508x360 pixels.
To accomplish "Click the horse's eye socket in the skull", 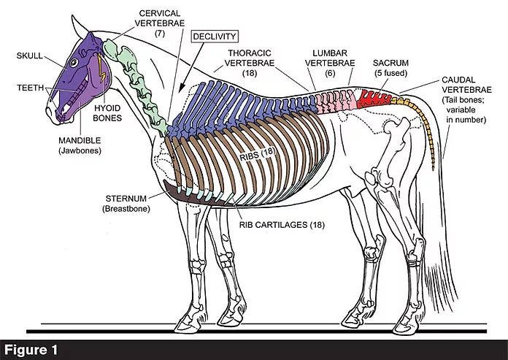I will (x=73, y=63).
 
